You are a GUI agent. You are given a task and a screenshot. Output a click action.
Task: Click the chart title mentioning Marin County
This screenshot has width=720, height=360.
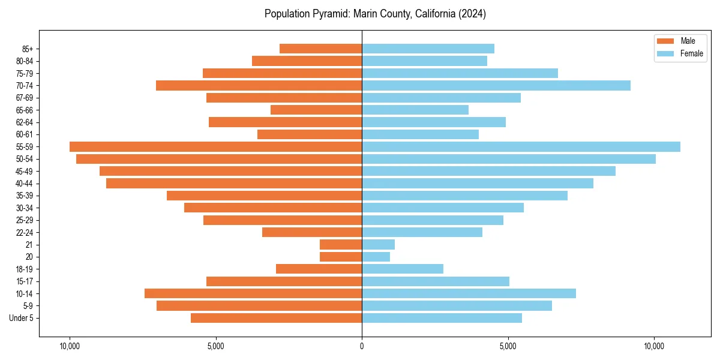click(375, 14)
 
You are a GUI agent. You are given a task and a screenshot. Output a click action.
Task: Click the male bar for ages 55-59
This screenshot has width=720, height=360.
click(215, 146)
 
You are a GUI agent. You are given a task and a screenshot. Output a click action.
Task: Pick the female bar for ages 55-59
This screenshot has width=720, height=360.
click(521, 146)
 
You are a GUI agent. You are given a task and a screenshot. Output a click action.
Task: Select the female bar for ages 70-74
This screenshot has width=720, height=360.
click(496, 85)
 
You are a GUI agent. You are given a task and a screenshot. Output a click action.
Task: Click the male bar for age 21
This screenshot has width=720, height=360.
click(341, 244)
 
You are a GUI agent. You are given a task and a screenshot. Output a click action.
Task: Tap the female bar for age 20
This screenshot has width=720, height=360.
click(376, 257)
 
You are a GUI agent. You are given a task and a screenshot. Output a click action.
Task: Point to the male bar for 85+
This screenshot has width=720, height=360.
click(320, 49)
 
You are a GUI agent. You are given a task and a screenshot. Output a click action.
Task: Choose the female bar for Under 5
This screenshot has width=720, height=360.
click(442, 318)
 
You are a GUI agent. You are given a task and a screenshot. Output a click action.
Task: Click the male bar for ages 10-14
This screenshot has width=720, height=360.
click(253, 293)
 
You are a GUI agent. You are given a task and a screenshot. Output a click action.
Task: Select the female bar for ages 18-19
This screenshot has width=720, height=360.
click(402, 269)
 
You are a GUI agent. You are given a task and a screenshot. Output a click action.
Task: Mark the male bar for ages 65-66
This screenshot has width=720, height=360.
click(316, 110)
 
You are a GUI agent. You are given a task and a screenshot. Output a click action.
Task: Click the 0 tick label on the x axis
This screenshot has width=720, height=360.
click(362, 346)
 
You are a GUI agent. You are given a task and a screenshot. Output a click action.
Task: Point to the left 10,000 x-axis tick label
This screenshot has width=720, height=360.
click(70, 346)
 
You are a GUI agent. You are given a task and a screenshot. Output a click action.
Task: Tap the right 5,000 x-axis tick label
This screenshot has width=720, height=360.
click(508, 346)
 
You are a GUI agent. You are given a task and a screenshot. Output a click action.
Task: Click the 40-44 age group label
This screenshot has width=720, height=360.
click(23, 184)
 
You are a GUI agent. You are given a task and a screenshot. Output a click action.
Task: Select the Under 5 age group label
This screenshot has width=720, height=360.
click(21, 318)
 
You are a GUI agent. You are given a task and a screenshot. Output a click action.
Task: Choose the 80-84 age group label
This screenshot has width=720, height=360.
click(23, 61)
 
